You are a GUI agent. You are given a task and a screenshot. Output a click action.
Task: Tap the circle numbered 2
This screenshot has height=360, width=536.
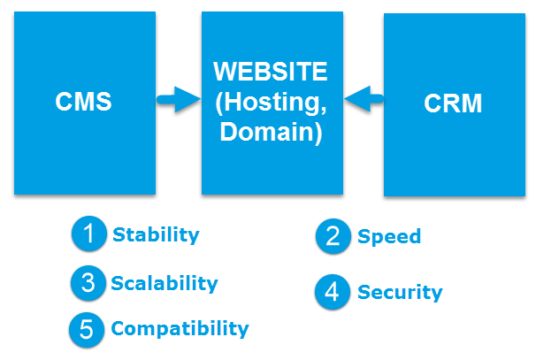click(x=333, y=237)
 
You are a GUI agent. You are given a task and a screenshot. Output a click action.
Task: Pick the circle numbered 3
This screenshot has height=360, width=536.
click(x=88, y=283)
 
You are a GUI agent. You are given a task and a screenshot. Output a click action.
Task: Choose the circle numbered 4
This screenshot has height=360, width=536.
click(x=333, y=292)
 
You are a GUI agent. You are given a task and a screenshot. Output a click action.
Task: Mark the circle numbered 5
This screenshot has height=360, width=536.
click(x=87, y=329)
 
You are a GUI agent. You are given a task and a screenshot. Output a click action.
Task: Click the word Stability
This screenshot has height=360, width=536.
click(x=156, y=235)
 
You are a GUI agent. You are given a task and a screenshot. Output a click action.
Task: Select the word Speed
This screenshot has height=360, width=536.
click(x=388, y=236)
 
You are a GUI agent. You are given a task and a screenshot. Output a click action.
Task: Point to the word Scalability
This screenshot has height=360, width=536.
click(x=164, y=283)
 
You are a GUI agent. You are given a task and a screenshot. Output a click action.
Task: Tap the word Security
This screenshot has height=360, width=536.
click(x=399, y=292)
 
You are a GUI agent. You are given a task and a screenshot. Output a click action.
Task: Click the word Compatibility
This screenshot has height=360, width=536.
click(x=180, y=329)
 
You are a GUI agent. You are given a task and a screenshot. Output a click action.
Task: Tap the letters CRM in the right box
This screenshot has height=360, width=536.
click(x=453, y=104)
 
